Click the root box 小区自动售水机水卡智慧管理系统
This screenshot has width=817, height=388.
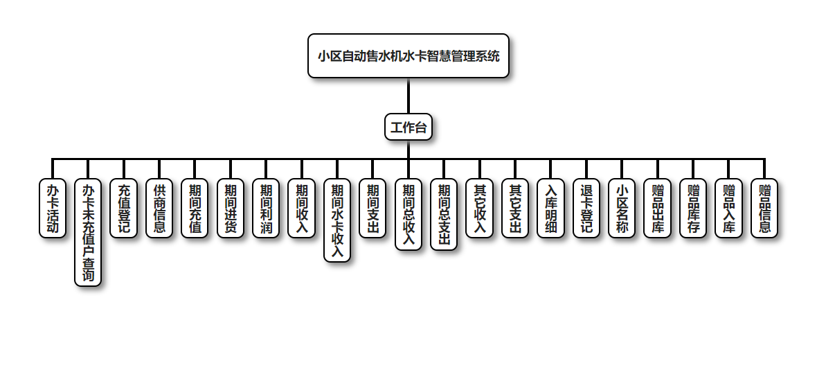pos(408,56)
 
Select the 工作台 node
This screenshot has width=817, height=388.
pos(408,127)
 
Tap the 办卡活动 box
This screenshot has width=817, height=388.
pos(53,209)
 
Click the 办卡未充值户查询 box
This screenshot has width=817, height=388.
pos(88,232)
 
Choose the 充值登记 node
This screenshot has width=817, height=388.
pos(124,209)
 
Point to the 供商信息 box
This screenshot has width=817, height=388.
pos(159,209)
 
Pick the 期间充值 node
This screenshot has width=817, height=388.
pos(195,209)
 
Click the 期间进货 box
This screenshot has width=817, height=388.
pos(231,209)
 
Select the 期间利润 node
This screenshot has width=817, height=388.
pos(266,209)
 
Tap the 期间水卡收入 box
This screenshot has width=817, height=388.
pos(337,220)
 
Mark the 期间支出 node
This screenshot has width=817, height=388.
pos(372,209)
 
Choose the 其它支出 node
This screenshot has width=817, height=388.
pos(515,209)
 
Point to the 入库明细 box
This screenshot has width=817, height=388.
pos(550,209)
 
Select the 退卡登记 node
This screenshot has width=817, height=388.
pos(586,209)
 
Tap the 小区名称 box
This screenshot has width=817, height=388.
pos(622,209)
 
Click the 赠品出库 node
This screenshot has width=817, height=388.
pos(658,209)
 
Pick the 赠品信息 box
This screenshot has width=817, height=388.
pos(764,209)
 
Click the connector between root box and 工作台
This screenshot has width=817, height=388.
pos(408,96)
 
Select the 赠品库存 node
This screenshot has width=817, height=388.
pos(693,209)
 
